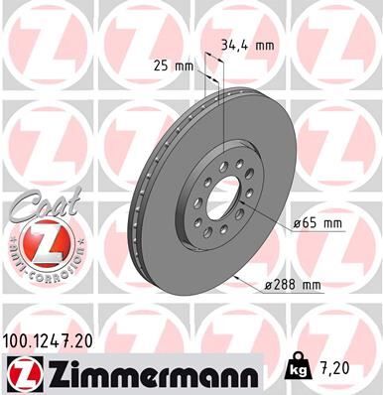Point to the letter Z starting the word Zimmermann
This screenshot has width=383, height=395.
click(x=48, y=371)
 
